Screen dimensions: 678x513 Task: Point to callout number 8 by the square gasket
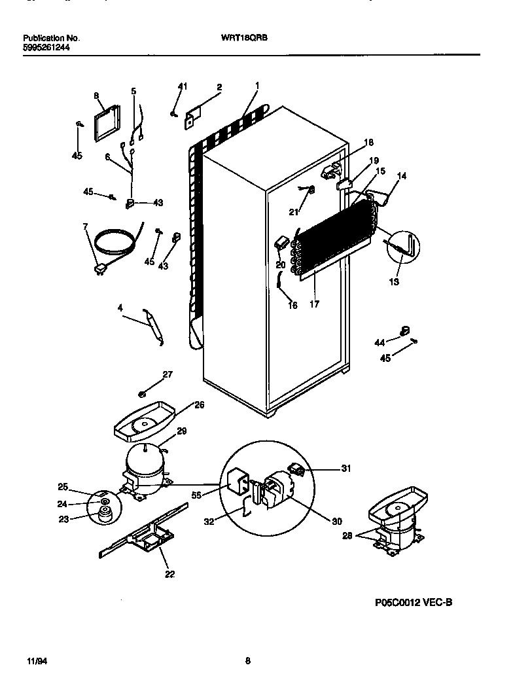(x=96, y=96)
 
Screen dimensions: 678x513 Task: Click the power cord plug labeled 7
(x=100, y=268)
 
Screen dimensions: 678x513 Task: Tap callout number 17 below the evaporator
(x=314, y=304)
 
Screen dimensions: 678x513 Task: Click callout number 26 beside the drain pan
(x=200, y=405)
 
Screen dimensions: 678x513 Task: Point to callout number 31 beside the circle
(x=347, y=467)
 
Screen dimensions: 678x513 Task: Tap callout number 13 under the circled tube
(x=395, y=282)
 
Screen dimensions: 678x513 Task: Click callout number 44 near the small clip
(x=380, y=342)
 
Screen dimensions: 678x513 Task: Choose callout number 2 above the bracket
(x=219, y=87)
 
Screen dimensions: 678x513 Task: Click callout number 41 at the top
(x=183, y=86)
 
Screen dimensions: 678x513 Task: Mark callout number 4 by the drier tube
(x=120, y=307)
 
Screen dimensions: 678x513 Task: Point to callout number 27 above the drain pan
(x=168, y=374)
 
